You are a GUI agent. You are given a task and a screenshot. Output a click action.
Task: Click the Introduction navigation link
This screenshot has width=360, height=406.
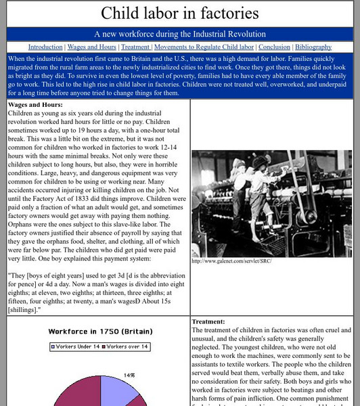[45, 47]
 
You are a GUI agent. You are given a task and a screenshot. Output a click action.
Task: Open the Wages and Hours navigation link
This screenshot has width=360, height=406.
[91, 47]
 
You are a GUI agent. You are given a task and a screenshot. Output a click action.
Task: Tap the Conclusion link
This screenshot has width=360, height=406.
[274, 47]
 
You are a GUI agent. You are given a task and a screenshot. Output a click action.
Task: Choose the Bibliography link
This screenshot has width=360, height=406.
[313, 47]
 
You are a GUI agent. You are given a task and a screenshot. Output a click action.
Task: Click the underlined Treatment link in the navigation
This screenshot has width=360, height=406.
[135, 47]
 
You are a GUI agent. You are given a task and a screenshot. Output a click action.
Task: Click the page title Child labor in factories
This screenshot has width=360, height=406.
[180, 14]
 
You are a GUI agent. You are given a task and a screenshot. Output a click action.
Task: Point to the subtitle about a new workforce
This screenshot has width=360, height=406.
[180, 34]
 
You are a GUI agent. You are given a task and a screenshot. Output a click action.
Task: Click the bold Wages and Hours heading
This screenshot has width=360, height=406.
[35, 105]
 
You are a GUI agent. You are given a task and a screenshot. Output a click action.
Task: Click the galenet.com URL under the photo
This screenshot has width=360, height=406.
[231, 261]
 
